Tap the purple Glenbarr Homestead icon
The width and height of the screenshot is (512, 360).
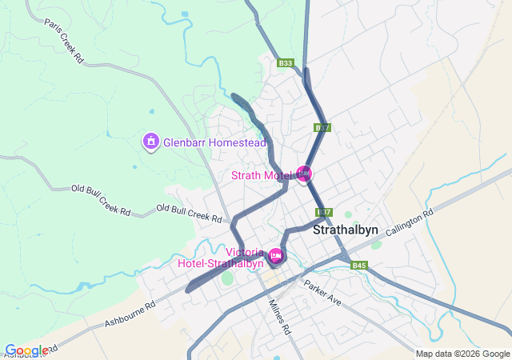(x=149, y=142)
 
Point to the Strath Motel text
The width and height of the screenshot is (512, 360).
(x=262, y=175)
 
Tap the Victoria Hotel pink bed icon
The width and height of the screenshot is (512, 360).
(x=276, y=255)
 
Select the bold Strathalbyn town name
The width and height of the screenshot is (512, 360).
(x=345, y=230)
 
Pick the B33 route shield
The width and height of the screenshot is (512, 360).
(x=286, y=63)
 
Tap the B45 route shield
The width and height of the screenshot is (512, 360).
(x=358, y=266)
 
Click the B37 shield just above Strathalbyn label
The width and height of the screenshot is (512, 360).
(x=323, y=212)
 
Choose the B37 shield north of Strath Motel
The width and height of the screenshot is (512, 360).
(x=322, y=128)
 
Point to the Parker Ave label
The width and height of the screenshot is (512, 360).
(x=322, y=291)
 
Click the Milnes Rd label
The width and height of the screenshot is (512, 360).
(x=280, y=316)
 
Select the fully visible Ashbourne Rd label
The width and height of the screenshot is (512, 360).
(x=128, y=314)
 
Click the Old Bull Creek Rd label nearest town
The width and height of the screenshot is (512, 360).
(x=189, y=213)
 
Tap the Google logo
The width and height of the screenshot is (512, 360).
(x=26, y=350)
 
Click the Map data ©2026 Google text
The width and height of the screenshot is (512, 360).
(x=462, y=354)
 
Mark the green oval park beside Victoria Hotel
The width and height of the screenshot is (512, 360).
(x=227, y=278)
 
